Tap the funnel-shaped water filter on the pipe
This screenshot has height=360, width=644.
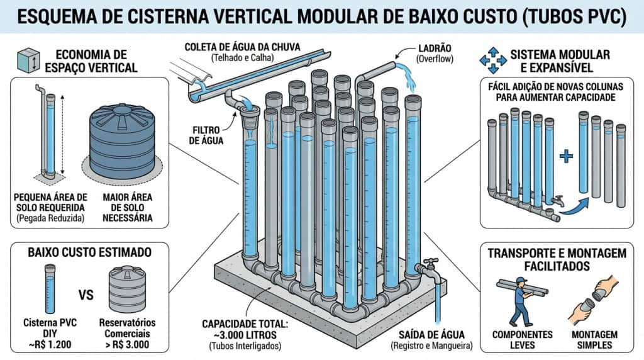point(251,116)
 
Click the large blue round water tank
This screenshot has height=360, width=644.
point(122,142)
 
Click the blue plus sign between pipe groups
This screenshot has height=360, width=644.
point(567,155)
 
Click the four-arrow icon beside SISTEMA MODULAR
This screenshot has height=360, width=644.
point(492,60)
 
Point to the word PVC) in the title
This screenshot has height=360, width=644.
point(601,16)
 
